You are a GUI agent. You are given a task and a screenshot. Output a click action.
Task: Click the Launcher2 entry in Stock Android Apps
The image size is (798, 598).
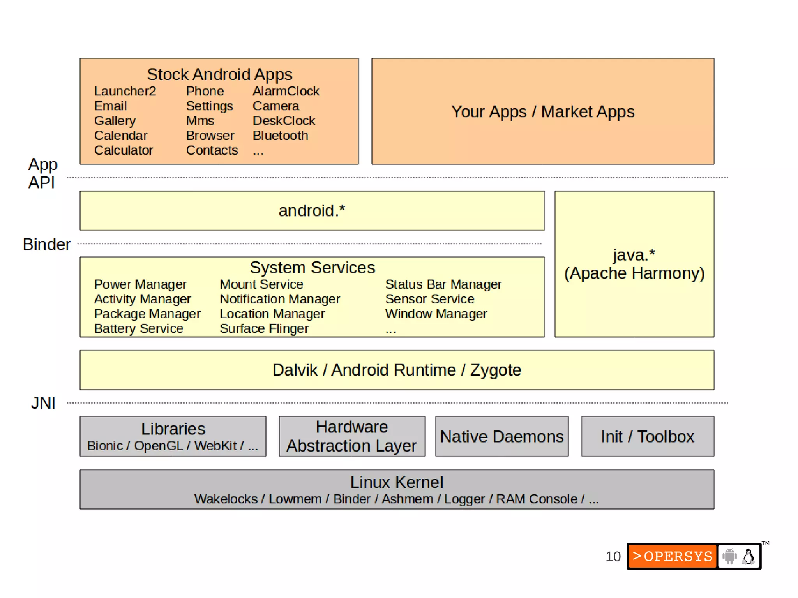(125, 91)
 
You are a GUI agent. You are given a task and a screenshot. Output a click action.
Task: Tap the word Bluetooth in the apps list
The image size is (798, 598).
(280, 136)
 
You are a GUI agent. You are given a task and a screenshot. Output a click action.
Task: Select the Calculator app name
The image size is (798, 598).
(124, 150)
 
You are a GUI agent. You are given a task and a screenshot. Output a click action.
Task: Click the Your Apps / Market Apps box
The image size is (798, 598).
(542, 112)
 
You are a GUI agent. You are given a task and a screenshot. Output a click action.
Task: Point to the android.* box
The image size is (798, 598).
(312, 211)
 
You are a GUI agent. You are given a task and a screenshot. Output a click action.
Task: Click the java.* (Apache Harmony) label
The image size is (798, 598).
(634, 265)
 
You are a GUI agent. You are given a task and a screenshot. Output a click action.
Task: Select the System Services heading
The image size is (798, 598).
(312, 268)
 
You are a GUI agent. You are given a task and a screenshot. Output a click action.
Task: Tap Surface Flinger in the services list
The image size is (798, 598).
(264, 328)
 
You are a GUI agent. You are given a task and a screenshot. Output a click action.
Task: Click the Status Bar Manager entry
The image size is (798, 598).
(443, 284)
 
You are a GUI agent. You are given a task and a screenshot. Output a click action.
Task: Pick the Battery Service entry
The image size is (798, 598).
(138, 328)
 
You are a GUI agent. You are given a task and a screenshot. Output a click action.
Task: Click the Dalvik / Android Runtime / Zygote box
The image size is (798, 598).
(397, 370)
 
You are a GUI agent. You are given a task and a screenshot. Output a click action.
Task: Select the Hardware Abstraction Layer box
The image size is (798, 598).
(351, 436)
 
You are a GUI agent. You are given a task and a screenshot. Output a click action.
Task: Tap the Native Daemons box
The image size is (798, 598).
(501, 437)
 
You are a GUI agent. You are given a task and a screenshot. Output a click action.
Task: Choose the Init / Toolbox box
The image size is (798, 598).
(647, 437)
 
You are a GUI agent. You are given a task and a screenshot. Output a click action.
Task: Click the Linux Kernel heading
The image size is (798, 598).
(397, 482)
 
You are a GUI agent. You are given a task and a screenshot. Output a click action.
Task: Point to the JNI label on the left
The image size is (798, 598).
(43, 403)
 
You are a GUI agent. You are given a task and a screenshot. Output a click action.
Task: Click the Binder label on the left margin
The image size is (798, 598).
(46, 244)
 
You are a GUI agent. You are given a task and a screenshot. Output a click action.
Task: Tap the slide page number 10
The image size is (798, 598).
(613, 556)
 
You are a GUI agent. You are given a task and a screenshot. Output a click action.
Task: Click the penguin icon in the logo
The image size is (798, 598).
(748, 556)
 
